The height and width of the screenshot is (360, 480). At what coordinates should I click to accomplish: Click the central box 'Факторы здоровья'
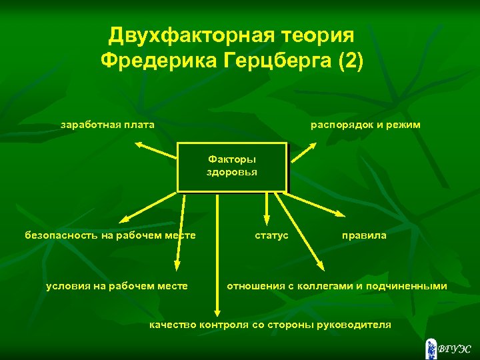(232, 167)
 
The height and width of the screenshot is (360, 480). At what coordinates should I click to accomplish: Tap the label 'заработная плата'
(107, 125)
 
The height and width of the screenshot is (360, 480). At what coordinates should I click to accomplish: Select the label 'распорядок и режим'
(365, 125)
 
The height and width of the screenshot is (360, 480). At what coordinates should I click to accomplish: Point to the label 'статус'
(271, 235)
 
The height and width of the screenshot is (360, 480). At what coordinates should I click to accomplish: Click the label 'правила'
(364, 235)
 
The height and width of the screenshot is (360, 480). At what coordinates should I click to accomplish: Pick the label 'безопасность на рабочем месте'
(110, 235)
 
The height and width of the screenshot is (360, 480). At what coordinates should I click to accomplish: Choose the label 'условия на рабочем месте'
(117, 286)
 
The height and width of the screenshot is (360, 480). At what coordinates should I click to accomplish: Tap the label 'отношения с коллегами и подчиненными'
(337, 286)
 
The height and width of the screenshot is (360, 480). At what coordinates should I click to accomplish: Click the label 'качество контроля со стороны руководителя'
(270, 325)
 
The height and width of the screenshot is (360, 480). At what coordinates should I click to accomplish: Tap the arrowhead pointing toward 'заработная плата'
(139, 143)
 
